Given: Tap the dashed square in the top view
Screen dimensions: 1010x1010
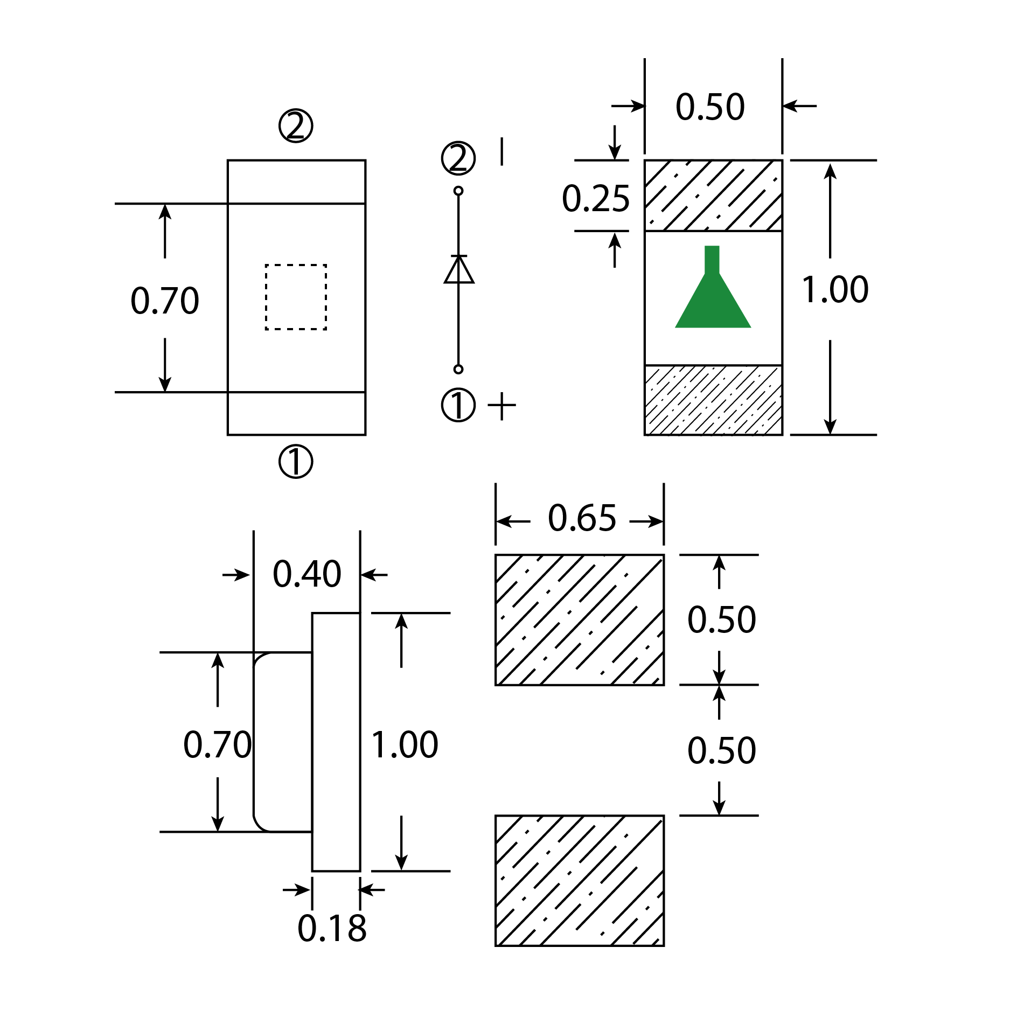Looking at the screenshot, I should point(296,297).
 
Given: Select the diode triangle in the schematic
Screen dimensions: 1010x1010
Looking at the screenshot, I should point(459,270).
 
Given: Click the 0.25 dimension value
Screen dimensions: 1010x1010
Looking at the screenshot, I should point(595,198).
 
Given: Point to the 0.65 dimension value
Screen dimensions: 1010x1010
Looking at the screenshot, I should point(582,518).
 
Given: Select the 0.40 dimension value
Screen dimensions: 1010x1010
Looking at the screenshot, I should point(307,574).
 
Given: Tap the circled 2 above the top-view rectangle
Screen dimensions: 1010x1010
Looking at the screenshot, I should point(296,126).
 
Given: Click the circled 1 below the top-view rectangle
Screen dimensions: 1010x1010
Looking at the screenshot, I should point(296,462).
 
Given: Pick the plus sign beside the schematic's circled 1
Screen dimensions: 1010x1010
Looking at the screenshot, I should point(501,405).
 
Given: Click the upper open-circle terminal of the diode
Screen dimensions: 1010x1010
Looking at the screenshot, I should point(458,191).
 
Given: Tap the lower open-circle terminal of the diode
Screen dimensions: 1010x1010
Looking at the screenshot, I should point(458,369).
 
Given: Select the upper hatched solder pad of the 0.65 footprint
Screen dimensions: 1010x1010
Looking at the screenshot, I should point(579,619).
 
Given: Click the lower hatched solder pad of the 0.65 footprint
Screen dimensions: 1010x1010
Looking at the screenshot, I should point(579,880).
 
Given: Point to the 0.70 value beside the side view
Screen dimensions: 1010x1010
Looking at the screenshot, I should point(217,744).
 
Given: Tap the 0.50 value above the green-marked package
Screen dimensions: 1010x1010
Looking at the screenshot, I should point(710,107).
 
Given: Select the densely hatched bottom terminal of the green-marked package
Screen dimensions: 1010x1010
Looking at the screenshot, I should point(713,400).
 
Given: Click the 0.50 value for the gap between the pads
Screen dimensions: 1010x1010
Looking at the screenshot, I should point(721,750).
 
